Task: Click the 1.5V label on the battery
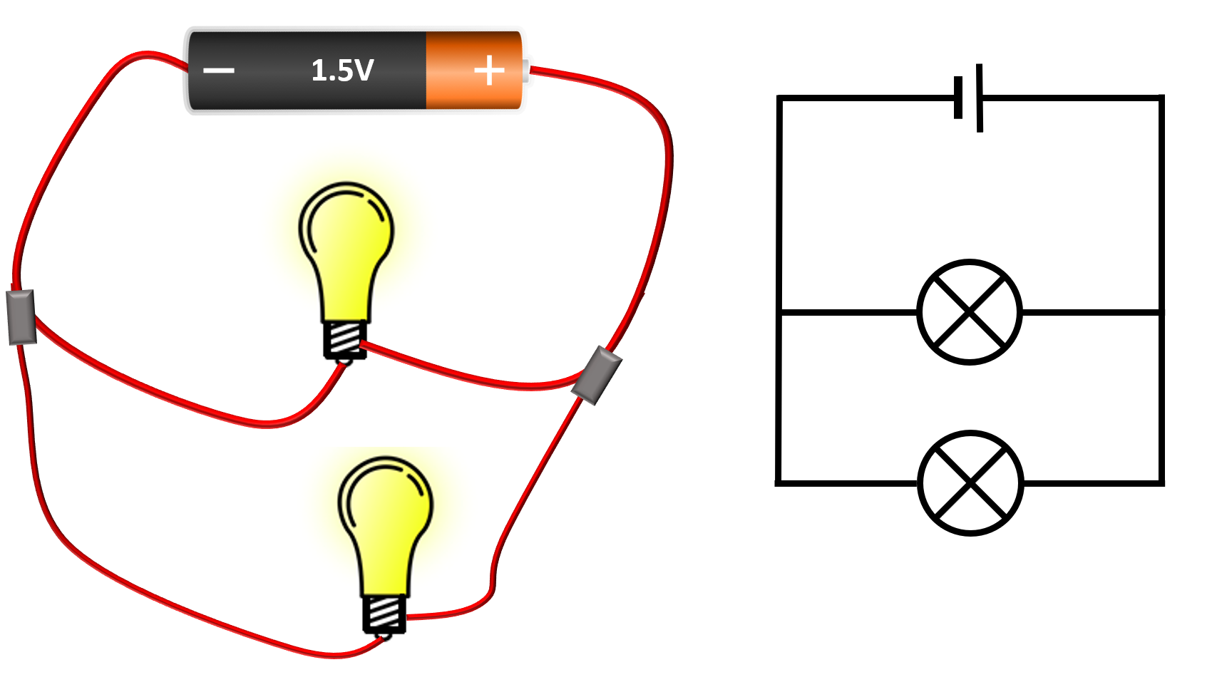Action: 342,71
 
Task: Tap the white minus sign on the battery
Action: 219,71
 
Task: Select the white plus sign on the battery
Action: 489,71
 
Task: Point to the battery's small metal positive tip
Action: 526,71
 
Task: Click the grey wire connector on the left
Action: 21,317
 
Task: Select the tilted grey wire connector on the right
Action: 597,376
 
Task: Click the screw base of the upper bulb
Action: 346,340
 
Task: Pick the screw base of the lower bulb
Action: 385,614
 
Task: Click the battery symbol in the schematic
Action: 969,98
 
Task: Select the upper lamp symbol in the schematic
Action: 970,312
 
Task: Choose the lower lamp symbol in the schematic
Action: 971,483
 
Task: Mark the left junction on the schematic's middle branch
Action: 780,312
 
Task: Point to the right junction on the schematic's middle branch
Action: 1161,312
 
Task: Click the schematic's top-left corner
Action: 780,98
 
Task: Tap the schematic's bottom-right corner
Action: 1161,483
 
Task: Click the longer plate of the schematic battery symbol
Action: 980,98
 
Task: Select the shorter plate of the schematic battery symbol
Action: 958,98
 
